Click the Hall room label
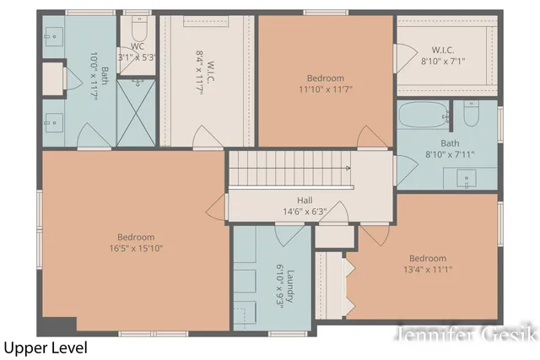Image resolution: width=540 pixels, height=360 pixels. coord(304,200)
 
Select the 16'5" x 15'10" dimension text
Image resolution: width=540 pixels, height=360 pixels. coord(135,249)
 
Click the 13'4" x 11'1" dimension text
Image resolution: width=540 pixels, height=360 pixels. coord(427,270)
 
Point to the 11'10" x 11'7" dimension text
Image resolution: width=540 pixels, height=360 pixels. coord(326,88)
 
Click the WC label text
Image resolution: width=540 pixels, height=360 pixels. coord(138,46)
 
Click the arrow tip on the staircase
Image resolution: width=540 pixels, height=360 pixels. coord(348,168)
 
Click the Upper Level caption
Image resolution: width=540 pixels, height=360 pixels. coord(45,347)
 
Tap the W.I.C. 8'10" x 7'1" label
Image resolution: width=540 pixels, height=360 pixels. coord(443,55)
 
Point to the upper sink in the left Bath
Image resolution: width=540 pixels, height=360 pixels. coord(54,35)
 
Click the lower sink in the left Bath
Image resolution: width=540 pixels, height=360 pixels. coord(54,118)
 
